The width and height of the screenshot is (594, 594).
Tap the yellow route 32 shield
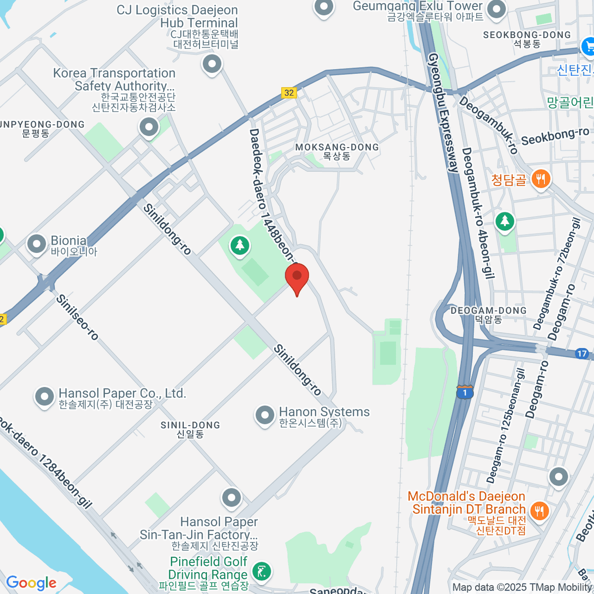[289, 93]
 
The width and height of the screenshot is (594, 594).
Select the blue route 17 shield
[582, 353]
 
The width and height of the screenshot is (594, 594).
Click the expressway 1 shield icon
[464, 392]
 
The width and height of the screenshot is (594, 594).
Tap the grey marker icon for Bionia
[37, 244]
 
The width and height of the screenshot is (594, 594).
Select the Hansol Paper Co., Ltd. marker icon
[44, 396]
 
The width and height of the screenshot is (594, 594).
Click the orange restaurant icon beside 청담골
[540, 179]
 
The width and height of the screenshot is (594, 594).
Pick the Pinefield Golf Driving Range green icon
[261, 571]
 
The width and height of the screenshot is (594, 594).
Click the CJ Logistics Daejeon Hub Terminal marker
[212, 64]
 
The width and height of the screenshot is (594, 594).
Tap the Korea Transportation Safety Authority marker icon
[148, 127]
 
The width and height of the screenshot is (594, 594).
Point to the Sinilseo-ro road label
[77, 317]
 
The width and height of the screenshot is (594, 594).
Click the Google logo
[31, 583]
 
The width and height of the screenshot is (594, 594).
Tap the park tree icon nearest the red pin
[240, 245]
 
